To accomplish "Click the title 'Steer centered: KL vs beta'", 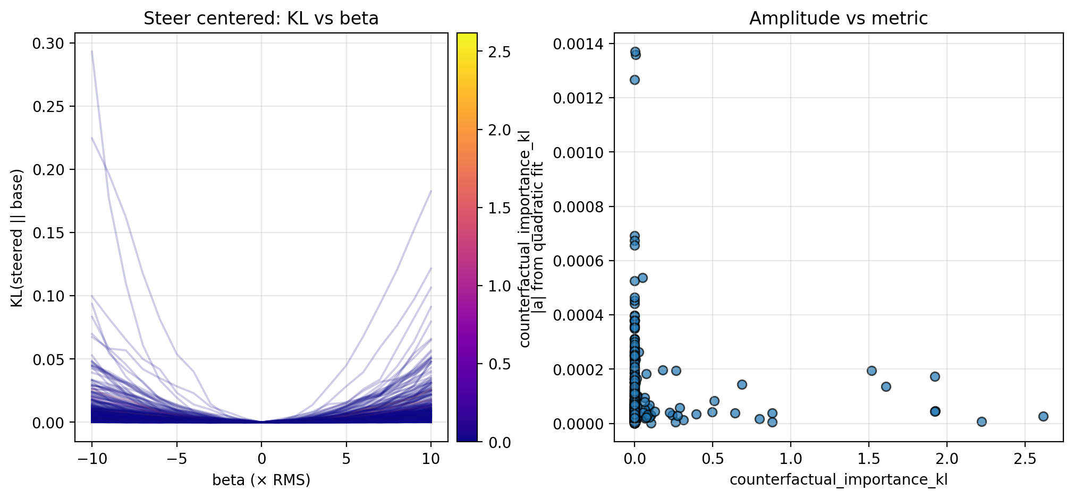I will (261, 19).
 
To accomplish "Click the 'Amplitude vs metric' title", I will (838, 19).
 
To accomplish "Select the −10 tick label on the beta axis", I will (92, 459).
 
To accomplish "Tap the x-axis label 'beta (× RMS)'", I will (261, 480).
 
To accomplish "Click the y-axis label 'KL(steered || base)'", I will (17, 238).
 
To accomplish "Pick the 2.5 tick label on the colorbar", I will (500, 52).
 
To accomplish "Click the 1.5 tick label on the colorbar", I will (500, 208).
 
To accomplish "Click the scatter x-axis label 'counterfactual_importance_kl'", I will (838, 480).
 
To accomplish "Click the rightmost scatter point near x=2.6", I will (1043, 416).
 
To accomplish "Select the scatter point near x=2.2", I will (982, 421).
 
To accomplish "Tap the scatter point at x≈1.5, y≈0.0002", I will (872, 371).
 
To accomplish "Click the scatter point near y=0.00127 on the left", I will (635, 80).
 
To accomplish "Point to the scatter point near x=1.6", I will (886, 386).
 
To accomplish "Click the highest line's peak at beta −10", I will (92, 51).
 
